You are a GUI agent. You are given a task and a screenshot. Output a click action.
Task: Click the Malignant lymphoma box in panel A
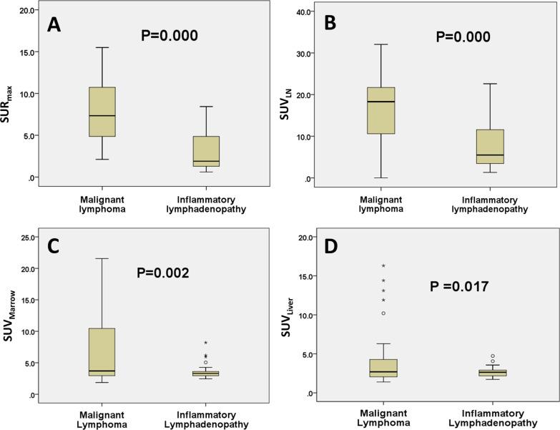(102, 112)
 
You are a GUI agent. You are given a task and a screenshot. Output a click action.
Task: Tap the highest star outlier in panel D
(383, 266)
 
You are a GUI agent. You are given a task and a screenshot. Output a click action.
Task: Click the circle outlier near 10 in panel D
(383, 313)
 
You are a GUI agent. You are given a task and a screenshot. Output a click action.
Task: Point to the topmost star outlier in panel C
(206, 343)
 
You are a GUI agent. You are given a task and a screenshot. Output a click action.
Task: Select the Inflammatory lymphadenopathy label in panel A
(205, 204)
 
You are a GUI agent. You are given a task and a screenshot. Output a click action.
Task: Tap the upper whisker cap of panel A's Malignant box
(102, 47)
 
